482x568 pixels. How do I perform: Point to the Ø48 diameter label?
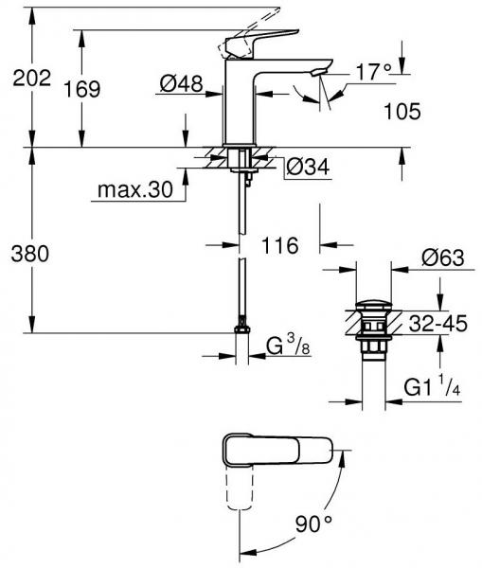[180, 85]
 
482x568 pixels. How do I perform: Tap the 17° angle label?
[373, 72]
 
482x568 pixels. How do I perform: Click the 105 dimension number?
[402, 113]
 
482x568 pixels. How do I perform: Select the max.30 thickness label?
[134, 190]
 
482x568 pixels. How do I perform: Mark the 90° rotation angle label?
[313, 523]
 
